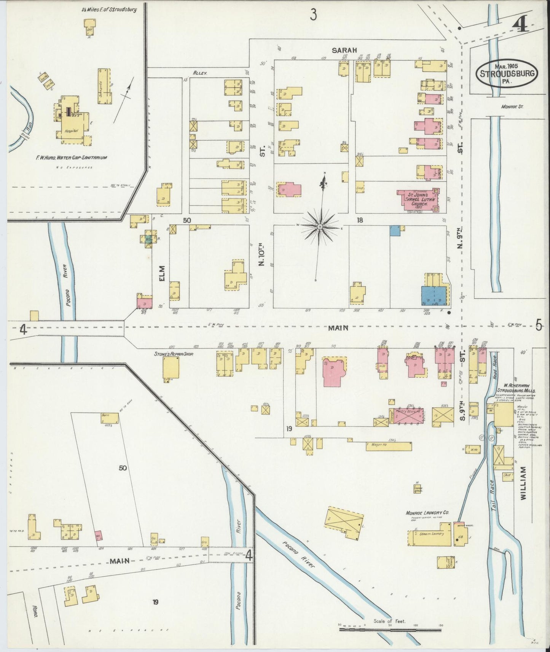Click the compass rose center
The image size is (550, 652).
pyautogui.click(x=320, y=227)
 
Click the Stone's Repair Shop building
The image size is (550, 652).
pyautogui.click(x=171, y=367)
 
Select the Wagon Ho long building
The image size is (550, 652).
pyautogui.click(x=388, y=446)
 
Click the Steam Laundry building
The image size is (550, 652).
pyautogui.click(x=431, y=534)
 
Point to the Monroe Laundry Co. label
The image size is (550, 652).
pyautogui.click(x=427, y=513)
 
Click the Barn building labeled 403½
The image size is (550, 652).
pyautogui.click(x=109, y=418)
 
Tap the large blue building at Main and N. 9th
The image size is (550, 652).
pyautogui.click(x=434, y=296)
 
